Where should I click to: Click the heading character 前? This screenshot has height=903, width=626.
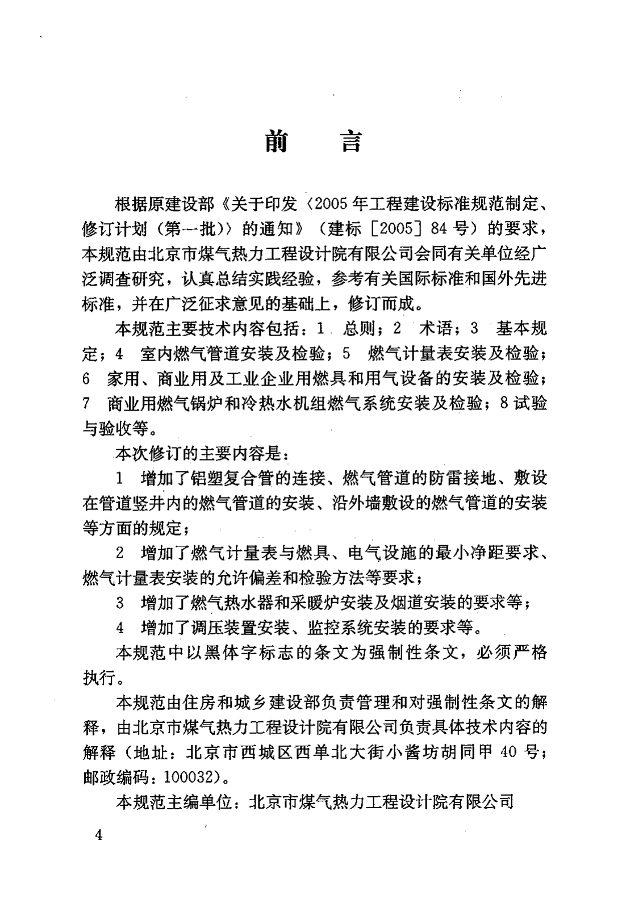[x=276, y=141]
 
